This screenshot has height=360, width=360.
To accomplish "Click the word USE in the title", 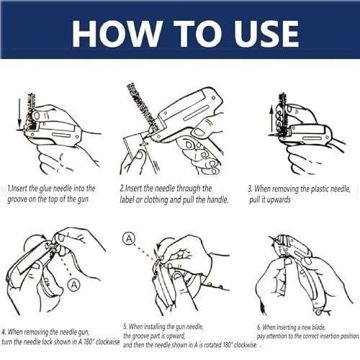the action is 266,33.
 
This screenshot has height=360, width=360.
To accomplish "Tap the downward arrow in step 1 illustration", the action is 20,111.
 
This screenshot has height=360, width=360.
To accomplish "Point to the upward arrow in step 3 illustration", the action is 271,119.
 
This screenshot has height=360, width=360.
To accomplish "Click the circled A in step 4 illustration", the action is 74,285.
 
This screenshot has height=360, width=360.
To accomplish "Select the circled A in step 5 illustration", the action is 129,238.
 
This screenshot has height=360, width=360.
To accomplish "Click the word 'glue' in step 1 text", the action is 45,189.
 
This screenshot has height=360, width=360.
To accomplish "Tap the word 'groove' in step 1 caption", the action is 17,199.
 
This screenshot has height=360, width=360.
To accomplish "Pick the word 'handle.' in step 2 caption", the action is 217,199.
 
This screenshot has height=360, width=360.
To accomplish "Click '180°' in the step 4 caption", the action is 89,342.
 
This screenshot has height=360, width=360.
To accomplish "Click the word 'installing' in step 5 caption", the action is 155,327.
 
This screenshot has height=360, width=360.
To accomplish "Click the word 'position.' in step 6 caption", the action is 350,336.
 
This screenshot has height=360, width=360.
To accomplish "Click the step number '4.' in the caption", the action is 4,332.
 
